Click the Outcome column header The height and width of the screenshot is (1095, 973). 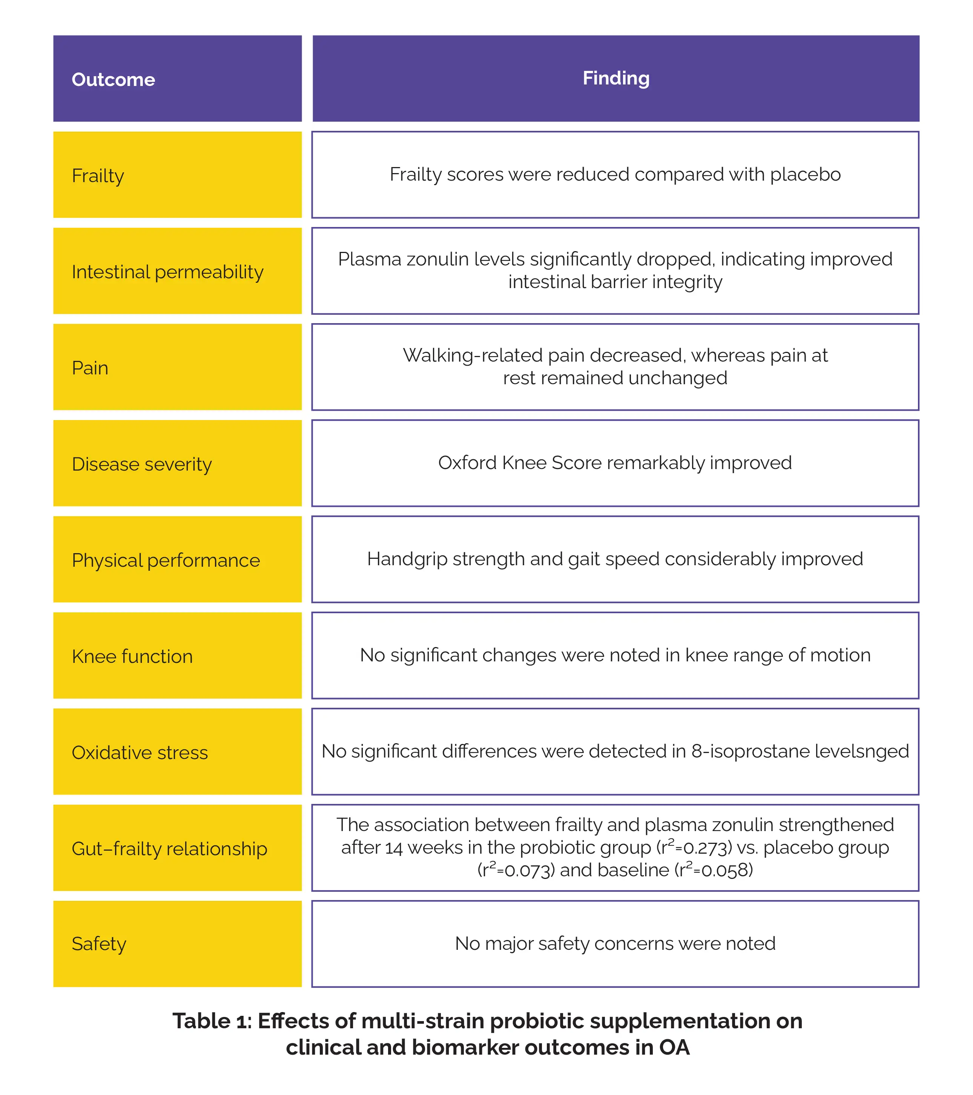[x=113, y=79]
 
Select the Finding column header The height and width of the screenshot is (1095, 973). [x=616, y=78]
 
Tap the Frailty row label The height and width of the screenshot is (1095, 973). [x=98, y=176]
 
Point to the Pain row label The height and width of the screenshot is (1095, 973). [x=90, y=368]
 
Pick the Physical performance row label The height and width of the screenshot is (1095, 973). [x=166, y=560]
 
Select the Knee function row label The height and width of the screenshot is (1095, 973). [x=132, y=656]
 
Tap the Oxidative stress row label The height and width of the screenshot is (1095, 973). [x=140, y=753]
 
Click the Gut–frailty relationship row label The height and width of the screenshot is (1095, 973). [x=170, y=848]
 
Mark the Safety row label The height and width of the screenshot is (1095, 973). [x=99, y=944]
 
